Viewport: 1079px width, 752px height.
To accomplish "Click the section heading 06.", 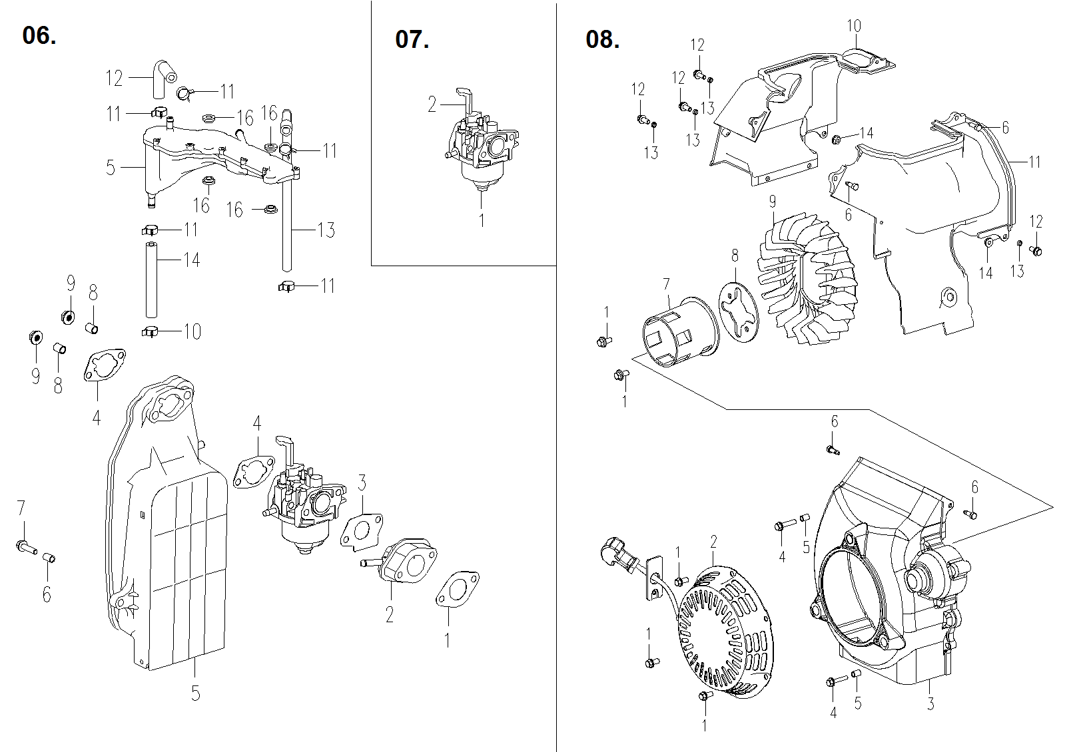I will coord(39,35).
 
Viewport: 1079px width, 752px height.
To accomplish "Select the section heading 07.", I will coord(412,39).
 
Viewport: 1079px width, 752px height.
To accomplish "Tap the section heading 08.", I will coord(602,39).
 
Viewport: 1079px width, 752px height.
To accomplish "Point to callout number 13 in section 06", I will coord(326,230).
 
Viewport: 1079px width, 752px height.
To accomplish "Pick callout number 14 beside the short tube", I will coord(191,260).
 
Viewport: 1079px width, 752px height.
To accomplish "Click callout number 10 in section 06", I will coord(192,331).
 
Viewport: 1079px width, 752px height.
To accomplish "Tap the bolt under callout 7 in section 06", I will coord(24,546).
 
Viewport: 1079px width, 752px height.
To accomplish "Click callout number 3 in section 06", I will coord(362,482).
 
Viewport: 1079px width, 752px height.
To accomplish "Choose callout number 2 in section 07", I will coord(432,104).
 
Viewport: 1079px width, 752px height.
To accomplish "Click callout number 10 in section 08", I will coord(854,26).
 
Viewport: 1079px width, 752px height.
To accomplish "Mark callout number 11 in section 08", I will coord(1034,162).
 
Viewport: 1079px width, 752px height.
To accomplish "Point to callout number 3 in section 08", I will coord(930,703).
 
